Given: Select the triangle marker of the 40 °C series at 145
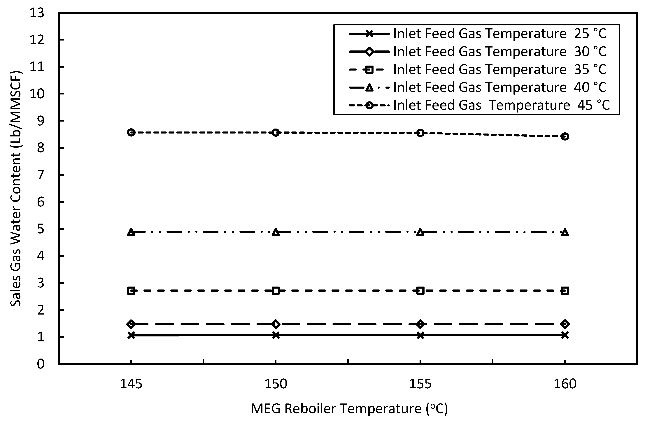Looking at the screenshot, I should point(131,232).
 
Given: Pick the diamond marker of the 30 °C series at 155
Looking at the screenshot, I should point(420,324).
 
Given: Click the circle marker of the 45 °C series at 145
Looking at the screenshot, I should point(131,133).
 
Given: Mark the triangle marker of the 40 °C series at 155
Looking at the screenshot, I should point(420,232).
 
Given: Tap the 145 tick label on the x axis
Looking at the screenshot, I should point(131,384).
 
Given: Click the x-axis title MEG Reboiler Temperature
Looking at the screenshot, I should point(349,409).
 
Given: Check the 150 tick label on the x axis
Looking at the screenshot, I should point(276,384).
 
